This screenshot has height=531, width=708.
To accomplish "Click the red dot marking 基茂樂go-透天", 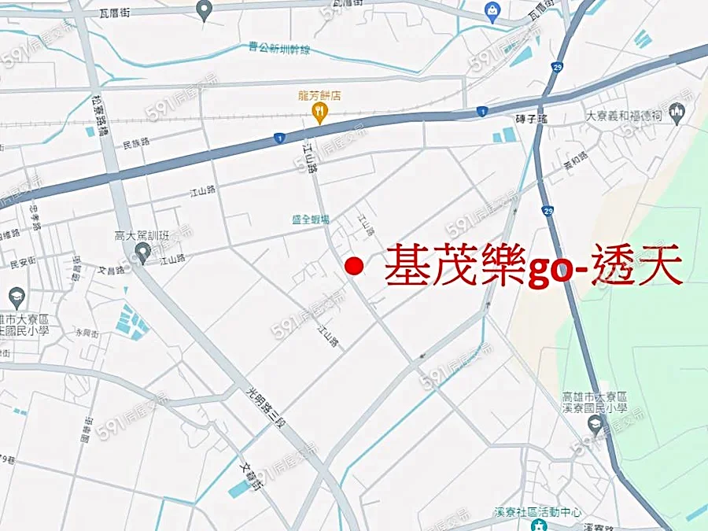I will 355,267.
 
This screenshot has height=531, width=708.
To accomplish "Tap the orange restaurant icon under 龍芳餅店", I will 319,115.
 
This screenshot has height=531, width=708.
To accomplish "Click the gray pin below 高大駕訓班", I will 142,253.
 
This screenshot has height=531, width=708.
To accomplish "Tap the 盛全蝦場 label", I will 311,219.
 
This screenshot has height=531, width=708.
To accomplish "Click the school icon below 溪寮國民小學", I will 596,425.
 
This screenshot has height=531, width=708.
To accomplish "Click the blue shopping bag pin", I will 493,13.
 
